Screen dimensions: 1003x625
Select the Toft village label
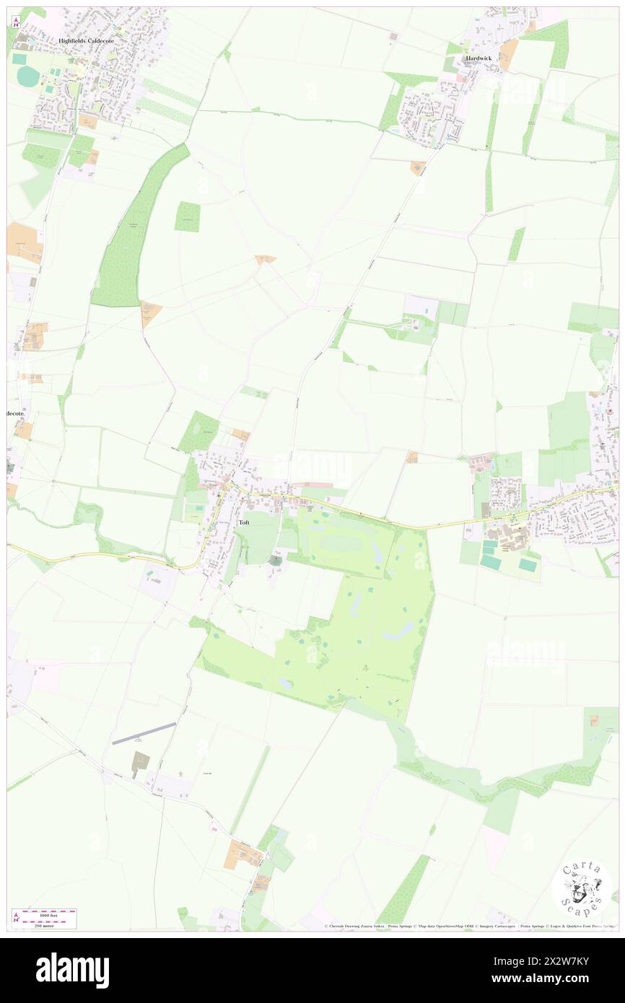[244, 522]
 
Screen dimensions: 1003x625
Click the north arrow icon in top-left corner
[15, 22]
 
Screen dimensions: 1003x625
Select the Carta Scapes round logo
[582, 889]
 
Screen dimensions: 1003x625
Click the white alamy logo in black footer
[72, 970]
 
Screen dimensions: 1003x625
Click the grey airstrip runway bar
[144, 732]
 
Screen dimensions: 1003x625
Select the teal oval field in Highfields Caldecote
[29, 76]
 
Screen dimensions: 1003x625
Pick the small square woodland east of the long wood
[188, 216]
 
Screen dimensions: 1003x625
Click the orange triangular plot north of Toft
[266, 258]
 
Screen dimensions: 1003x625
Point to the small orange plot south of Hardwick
[418, 167]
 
